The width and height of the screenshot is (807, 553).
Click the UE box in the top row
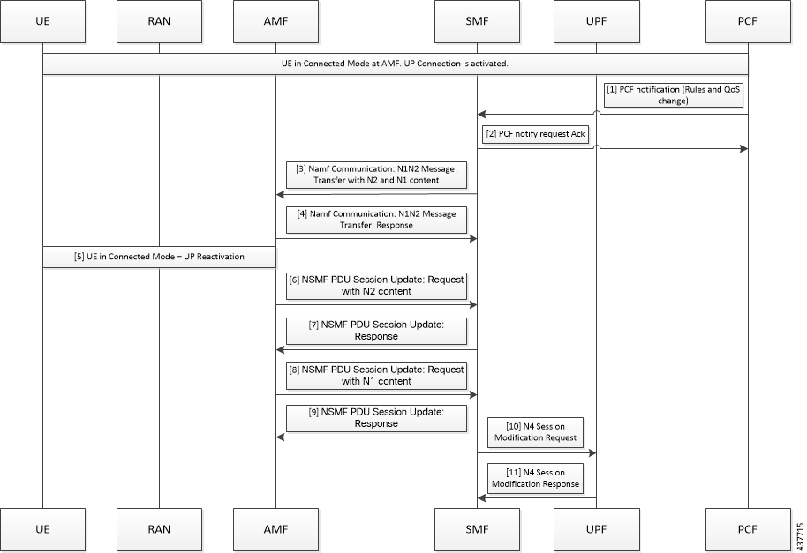coord(42,21)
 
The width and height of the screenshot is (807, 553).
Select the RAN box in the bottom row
coord(159,529)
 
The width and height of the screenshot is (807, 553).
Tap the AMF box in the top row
coord(275,21)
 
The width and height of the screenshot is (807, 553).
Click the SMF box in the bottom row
coord(477,529)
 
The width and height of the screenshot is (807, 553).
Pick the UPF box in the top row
coord(596,21)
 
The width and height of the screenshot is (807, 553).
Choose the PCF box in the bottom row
coord(748,529)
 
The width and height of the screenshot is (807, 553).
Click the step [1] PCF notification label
coord(673,95)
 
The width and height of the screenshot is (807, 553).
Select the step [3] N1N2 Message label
coord(376,173)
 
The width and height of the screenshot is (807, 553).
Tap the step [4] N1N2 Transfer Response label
coord(376,219)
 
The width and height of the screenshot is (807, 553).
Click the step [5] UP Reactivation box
coord(159,257)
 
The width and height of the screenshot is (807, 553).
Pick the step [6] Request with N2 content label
coord(376,285)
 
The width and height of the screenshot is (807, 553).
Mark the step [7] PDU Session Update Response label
coord(376,330)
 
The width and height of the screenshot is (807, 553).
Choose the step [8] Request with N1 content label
coord(376,375)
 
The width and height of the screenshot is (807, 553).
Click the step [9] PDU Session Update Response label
coord(376,417)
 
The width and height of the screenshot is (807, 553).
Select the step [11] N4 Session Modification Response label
coord(536,478)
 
